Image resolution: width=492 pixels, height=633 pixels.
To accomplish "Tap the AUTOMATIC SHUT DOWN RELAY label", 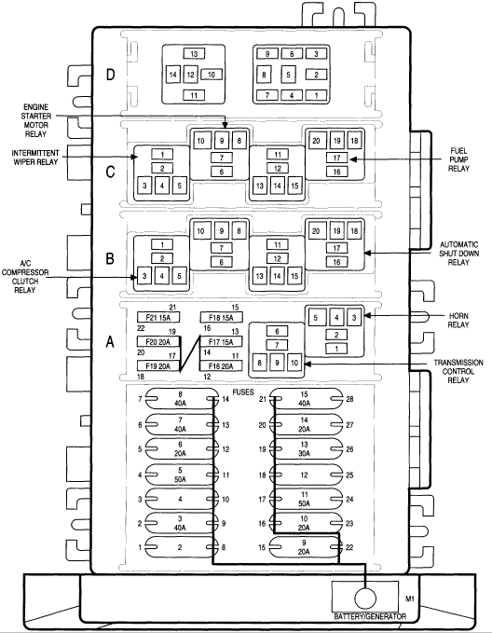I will coord(461,252).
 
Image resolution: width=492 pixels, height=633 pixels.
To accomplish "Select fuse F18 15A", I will coord(221,318).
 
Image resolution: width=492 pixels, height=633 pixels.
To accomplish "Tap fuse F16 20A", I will coord(221,367).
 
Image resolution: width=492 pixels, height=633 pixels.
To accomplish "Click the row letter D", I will coord(109,75).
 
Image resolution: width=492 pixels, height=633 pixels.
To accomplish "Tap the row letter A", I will coord(109,342).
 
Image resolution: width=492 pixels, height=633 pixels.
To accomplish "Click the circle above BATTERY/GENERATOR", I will coord(364,597).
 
